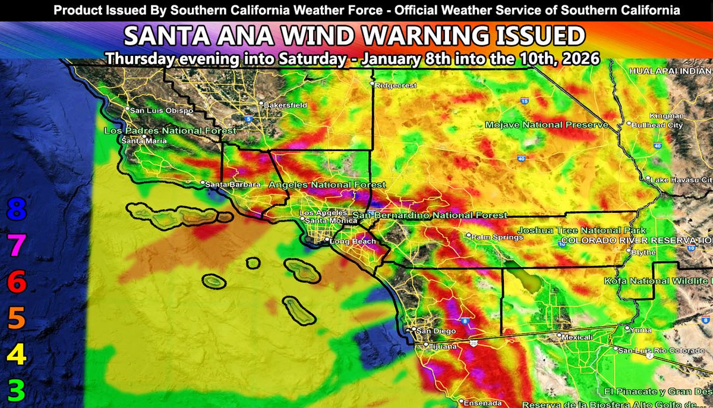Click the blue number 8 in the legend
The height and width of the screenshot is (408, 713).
(17, 210)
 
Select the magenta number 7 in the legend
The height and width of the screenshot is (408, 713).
(17, 246)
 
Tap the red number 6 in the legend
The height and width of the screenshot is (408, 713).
(17, 283)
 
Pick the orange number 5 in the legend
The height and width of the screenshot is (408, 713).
(17, 319)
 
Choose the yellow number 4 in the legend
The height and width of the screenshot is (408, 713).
(17, 355)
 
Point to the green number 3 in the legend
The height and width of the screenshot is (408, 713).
(17, 391)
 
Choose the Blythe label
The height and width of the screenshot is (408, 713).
(645, 252)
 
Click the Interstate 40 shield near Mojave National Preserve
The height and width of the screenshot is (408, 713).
(521, 158)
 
